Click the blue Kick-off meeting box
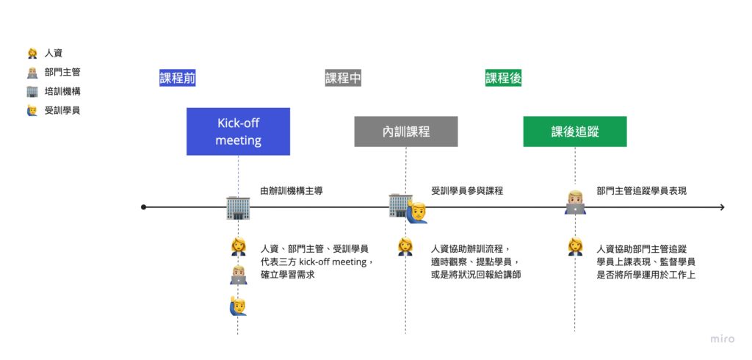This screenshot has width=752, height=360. click(x=238, y=132)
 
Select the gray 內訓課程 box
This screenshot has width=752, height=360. click(x=405, y=132)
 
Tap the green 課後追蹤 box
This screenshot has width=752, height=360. click(x=574, y=132)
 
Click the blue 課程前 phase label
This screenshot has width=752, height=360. click(x=177, y=78)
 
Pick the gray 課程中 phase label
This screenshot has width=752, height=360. click(x=343, y=78)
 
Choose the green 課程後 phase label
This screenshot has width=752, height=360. click(x=503, y=78)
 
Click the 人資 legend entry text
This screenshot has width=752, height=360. click(x=54, y=53)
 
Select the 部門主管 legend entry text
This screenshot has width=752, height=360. click(x=62, y=72)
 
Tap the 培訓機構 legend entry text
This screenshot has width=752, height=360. click(x=62, y=91)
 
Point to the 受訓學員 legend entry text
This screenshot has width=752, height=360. click(x=62, y=110)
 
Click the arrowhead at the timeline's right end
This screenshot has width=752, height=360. click(x=722, y=207)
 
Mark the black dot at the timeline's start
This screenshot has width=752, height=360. click(x=144, y=207)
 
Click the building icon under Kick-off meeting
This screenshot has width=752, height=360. click(x=238, y=207)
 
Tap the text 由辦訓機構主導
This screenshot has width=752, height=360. click(x=292, y=190)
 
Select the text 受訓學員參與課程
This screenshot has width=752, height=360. click(x=467, y=190)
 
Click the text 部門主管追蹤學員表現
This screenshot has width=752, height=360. click(x=642, y=190)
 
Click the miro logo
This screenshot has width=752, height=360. click(x=722, y=339)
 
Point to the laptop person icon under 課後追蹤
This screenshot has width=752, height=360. click(x=575, y=202)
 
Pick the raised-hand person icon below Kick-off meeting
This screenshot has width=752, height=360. click(x=237, y=305)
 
